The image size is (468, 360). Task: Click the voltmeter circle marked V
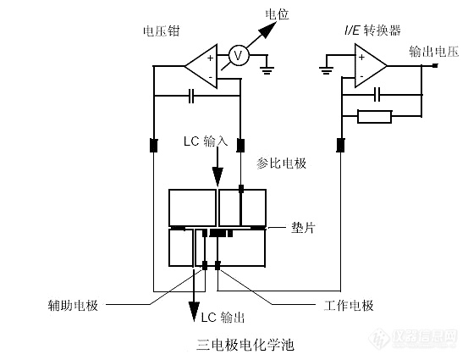239,55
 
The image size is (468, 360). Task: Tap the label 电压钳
161,30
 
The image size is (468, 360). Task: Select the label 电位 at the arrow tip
278,14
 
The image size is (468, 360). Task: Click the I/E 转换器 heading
372,30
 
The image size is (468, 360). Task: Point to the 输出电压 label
433,52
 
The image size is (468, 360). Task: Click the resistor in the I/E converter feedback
375,116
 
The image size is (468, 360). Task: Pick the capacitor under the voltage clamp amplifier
191,96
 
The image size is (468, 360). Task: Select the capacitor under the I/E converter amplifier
377,95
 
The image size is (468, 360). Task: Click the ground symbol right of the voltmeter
267,70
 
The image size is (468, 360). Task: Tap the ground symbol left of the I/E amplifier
326,70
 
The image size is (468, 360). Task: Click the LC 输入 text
206,141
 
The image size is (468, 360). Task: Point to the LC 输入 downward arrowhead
217,177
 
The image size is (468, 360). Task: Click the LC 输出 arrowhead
195,312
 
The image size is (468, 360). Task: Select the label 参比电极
282,163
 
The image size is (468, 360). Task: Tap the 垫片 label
303,228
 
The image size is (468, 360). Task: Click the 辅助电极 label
73,305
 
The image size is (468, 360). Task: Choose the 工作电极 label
349,305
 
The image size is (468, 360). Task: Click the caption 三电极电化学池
245,345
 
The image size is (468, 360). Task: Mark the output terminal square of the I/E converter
436,65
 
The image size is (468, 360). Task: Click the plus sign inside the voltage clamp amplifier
211,58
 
